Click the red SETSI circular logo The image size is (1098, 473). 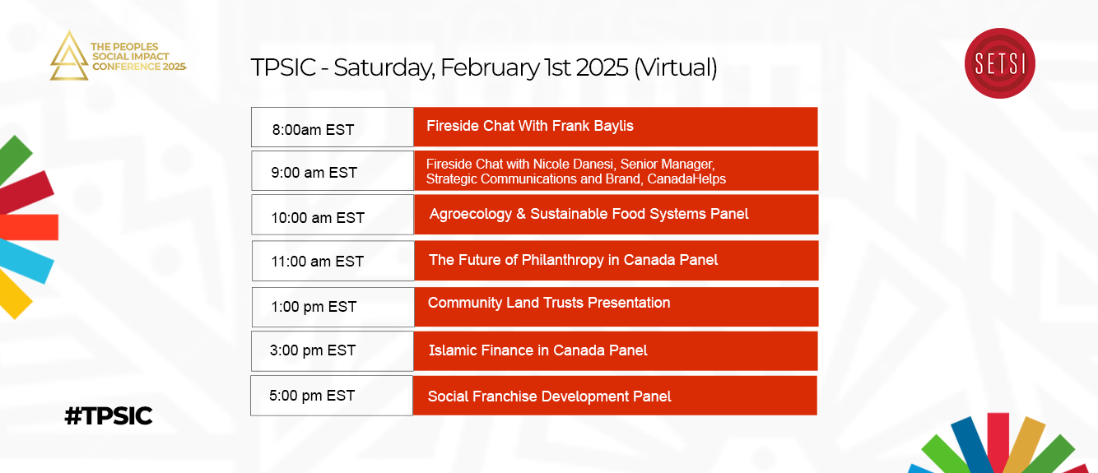[999, 63]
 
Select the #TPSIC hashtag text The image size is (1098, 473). [109, 416]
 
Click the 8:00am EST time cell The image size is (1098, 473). [333, 127]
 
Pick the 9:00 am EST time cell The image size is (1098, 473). [333, 170]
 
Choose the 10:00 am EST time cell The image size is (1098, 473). [333, 215]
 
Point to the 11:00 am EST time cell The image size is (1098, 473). [333, 261]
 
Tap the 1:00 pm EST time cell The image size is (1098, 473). [333, 307]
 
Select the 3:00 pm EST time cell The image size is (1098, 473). [333, 351]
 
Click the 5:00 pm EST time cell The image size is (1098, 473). [332, 396]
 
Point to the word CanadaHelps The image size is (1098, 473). [686, 179]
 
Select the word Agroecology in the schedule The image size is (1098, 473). [471, 215]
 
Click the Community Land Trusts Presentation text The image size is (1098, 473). [549, 303]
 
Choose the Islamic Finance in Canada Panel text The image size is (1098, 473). [537, 350]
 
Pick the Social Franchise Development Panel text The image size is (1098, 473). [549, 396]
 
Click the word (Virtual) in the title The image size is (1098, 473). [676, 67]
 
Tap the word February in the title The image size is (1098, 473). [490, 67]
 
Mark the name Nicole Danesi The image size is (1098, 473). [574, 164]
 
